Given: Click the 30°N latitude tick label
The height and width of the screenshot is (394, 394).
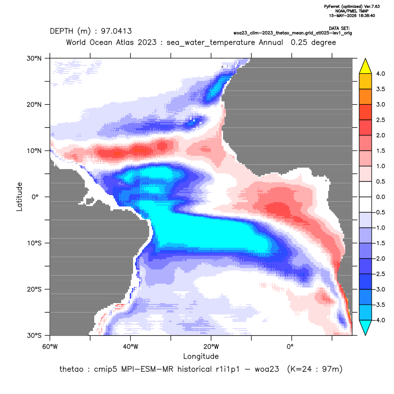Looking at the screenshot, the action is [x=34, y=58].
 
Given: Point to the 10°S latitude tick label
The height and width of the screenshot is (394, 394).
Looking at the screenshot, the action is [x=34, y=243].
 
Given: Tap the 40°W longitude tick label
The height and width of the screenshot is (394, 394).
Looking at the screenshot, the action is [x=130, y=347].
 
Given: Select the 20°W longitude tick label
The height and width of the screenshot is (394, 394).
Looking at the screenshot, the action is [x=211, y=347].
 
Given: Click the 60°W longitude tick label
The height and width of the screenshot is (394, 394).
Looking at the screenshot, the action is [x=50, y=347].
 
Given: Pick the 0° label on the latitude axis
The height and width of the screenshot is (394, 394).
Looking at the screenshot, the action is [x=35, y=197].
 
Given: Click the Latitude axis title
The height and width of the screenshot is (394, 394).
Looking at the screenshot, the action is [x=19, y=197].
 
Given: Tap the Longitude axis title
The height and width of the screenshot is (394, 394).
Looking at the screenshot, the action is [x=201, y=356].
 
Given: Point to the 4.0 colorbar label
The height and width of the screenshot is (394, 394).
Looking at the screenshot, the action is [x=380, y=73].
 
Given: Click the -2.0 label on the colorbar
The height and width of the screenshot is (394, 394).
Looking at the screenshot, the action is [x=379, y=259].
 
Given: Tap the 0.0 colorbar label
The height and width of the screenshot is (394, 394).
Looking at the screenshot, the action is [x=380, y=197].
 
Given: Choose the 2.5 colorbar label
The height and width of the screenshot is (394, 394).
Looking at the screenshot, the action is [x=380, y=120].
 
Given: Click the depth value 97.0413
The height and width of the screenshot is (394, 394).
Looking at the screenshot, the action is [x=116, y=31].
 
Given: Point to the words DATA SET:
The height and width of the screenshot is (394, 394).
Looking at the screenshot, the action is [x=339, y=28].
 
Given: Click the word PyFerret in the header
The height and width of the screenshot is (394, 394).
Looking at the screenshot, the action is [x=332, y=7].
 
